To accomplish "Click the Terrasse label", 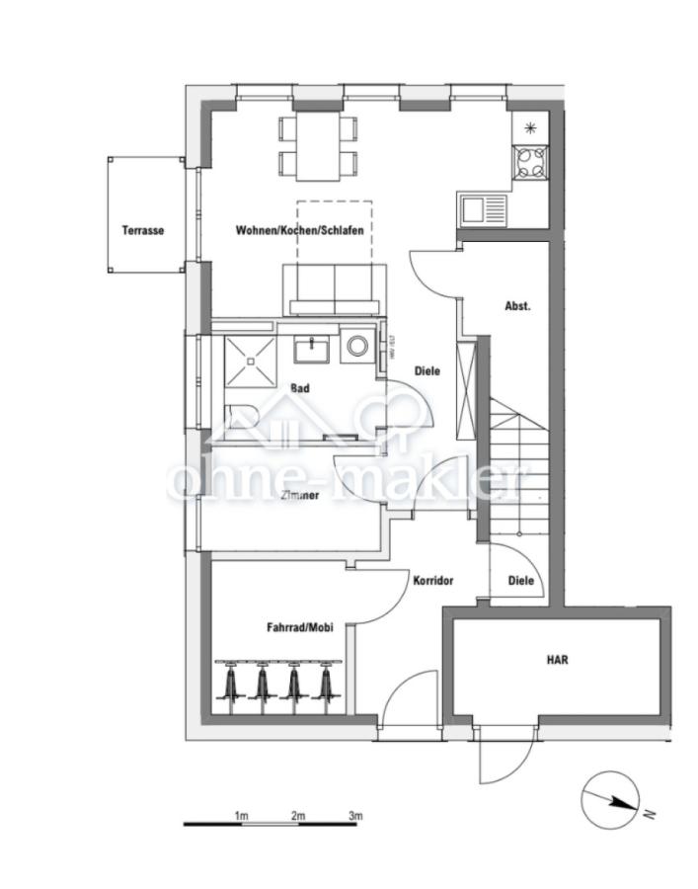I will (x=143, y=230).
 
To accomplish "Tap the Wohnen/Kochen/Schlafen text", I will (x=299, y=230).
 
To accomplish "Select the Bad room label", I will (x=300, y=388).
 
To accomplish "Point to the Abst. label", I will (x=517, y=305).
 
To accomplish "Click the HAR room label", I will (x=559, y=659).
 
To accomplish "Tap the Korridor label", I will (x=432, y=581).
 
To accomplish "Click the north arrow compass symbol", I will (x=609, y=801).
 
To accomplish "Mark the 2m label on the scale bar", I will (x=298, y=816).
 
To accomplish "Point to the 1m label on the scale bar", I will (x=241, y=816).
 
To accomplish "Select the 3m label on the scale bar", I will (x=355, y=816).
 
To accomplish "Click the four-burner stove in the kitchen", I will (x=531, y=161).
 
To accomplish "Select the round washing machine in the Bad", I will (x=357, y=347).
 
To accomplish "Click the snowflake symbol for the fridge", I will (x=531, y=126).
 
